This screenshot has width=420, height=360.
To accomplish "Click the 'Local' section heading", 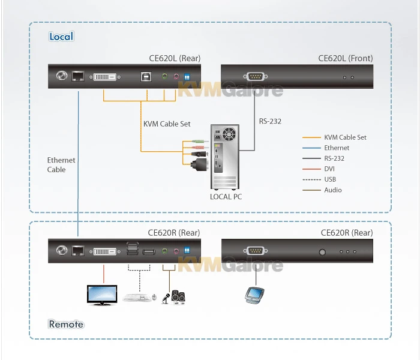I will tap(61, 37).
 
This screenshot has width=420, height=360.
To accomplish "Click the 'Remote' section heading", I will tap(66, 324).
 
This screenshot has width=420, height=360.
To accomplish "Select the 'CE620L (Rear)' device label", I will tap(175, 58).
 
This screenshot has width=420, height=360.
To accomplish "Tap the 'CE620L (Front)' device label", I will tap(345, 58).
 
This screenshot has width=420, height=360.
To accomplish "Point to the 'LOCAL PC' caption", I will tap(226, 196).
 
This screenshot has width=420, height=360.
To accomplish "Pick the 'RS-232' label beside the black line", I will tap(270, 121).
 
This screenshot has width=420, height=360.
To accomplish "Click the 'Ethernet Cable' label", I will tap(61, 165).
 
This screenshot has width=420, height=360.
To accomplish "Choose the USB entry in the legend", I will tap(329, 179).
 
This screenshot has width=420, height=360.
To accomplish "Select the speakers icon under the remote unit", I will tap(178, 296).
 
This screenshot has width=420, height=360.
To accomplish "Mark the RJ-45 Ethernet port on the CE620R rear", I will tap(77, 251).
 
